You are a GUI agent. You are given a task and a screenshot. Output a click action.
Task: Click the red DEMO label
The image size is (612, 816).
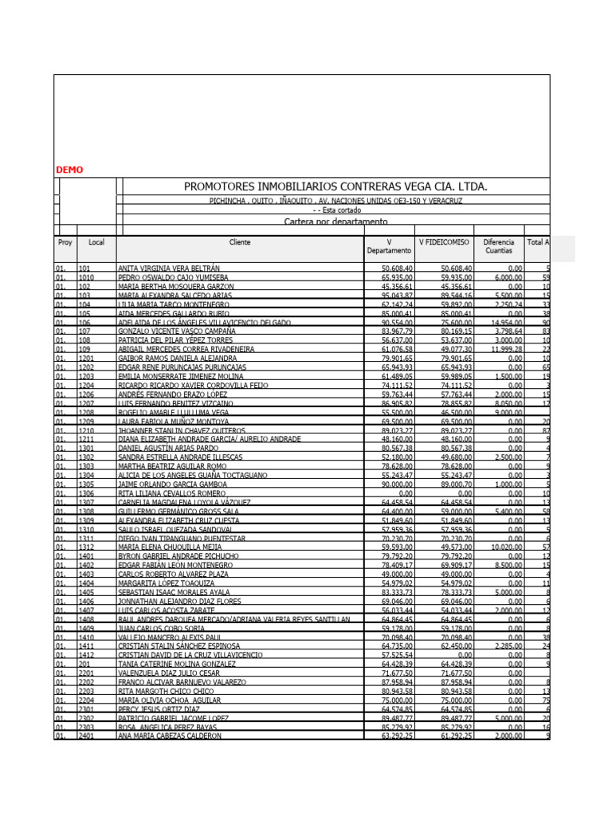pyautogui.click(x=69, y=170)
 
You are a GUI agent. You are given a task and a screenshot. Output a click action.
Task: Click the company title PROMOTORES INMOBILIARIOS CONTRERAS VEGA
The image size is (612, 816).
pyautogui.click(x=335, y=186)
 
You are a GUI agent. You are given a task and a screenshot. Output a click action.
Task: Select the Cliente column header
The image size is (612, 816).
pyautogui.click(x=240, y=241)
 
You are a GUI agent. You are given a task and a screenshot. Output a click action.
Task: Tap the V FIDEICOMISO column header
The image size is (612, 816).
pyautogui.click(x=444, y=241)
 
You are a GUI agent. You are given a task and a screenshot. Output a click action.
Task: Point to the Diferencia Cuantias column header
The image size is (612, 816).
pyautogui.click(x=499, y=245)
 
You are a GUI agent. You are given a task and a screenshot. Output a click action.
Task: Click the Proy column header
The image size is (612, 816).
pyautogui.click(x=65, y=241)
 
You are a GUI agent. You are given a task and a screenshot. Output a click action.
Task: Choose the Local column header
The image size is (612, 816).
pyautogui.click(x=96, y=241)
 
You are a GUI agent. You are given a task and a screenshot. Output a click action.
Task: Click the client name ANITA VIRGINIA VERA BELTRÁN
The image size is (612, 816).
pyautogui.click(x=169, y=269)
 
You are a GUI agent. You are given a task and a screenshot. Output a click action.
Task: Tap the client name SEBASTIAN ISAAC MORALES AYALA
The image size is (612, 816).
pyautogui.click(x=174, y=592)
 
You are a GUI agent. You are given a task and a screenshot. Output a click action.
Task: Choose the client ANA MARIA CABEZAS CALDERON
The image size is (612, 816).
pyautogui.click(x=170, y=736)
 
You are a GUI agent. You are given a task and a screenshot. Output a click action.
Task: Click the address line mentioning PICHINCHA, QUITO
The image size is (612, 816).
pyautogui.click(x=335, y=201)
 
